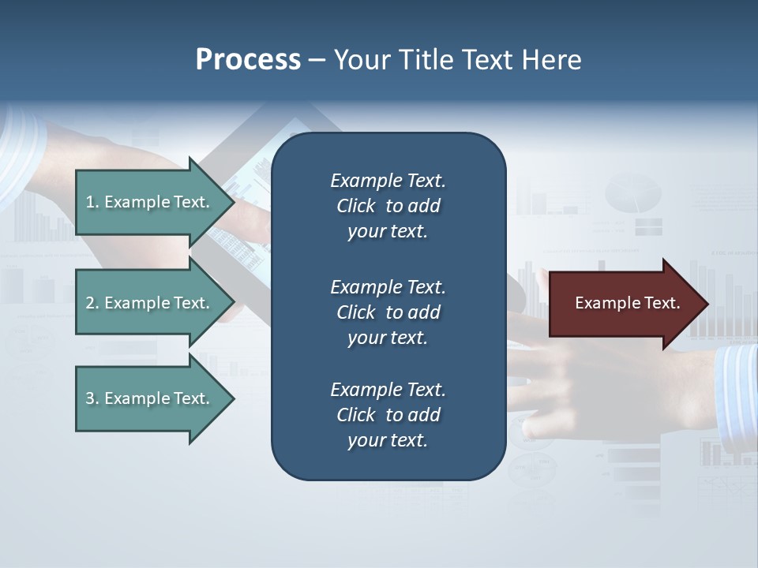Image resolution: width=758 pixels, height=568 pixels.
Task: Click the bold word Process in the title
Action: tap(248, 60)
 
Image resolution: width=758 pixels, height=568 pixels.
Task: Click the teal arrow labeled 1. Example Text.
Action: tap(150, 202)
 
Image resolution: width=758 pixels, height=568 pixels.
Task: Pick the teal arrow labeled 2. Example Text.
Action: tap(150, 303)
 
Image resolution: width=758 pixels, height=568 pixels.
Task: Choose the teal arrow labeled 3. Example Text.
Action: tap(150, 398)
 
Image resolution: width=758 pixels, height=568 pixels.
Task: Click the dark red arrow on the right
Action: tap(624, 304)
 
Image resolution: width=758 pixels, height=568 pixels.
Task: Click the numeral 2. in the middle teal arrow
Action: tap(92, 303)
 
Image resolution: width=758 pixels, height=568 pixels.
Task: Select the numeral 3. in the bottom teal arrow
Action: tap(92, 398)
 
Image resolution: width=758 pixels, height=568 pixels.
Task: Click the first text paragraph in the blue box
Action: tap(388, 206)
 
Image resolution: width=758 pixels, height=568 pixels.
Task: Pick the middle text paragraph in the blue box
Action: tap(388, 312)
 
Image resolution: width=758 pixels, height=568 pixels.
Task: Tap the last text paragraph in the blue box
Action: tap(388, 415)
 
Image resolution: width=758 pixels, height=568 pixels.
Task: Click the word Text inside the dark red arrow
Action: tap(662, 303)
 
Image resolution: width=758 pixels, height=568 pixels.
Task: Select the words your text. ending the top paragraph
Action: tap(388, 232)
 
